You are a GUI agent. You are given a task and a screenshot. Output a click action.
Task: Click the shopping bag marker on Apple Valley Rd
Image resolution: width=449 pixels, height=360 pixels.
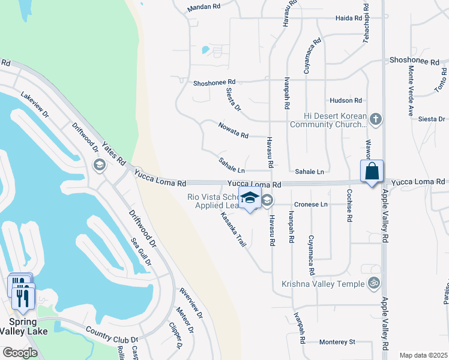pos(372,171)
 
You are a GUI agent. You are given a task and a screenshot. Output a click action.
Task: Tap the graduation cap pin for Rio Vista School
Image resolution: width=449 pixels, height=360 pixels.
pos(249,198)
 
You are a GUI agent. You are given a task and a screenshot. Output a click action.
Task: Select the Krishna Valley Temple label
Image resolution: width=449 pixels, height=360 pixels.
pos(326,284)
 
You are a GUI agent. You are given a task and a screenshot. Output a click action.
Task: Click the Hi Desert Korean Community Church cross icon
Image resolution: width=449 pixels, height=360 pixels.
pos(376,119)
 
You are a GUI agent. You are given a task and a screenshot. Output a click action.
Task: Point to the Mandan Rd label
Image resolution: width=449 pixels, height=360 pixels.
pos(204,8)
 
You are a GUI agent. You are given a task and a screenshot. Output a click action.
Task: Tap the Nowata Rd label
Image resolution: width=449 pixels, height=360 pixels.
pos(234,135)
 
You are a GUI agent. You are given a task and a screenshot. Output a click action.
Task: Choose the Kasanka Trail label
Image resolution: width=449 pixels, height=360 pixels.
pos(234,230)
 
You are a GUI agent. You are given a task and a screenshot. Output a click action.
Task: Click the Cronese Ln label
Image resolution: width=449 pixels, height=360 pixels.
pos(311,205)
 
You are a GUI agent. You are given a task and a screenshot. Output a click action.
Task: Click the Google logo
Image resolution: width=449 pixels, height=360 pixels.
pos(20,352)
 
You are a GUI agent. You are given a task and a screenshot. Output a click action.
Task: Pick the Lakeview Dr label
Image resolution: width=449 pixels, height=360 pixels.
pos(34,104)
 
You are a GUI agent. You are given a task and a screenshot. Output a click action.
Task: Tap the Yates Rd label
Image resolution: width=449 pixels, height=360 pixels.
pos(113,154)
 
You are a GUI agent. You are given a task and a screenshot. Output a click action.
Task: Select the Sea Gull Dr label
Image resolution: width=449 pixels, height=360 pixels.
pos(142,253)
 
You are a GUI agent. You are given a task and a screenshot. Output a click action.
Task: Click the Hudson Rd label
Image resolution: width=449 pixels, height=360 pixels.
pos(346,101)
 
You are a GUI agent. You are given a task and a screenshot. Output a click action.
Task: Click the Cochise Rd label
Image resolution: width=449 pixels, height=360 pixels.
pos(349,205)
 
